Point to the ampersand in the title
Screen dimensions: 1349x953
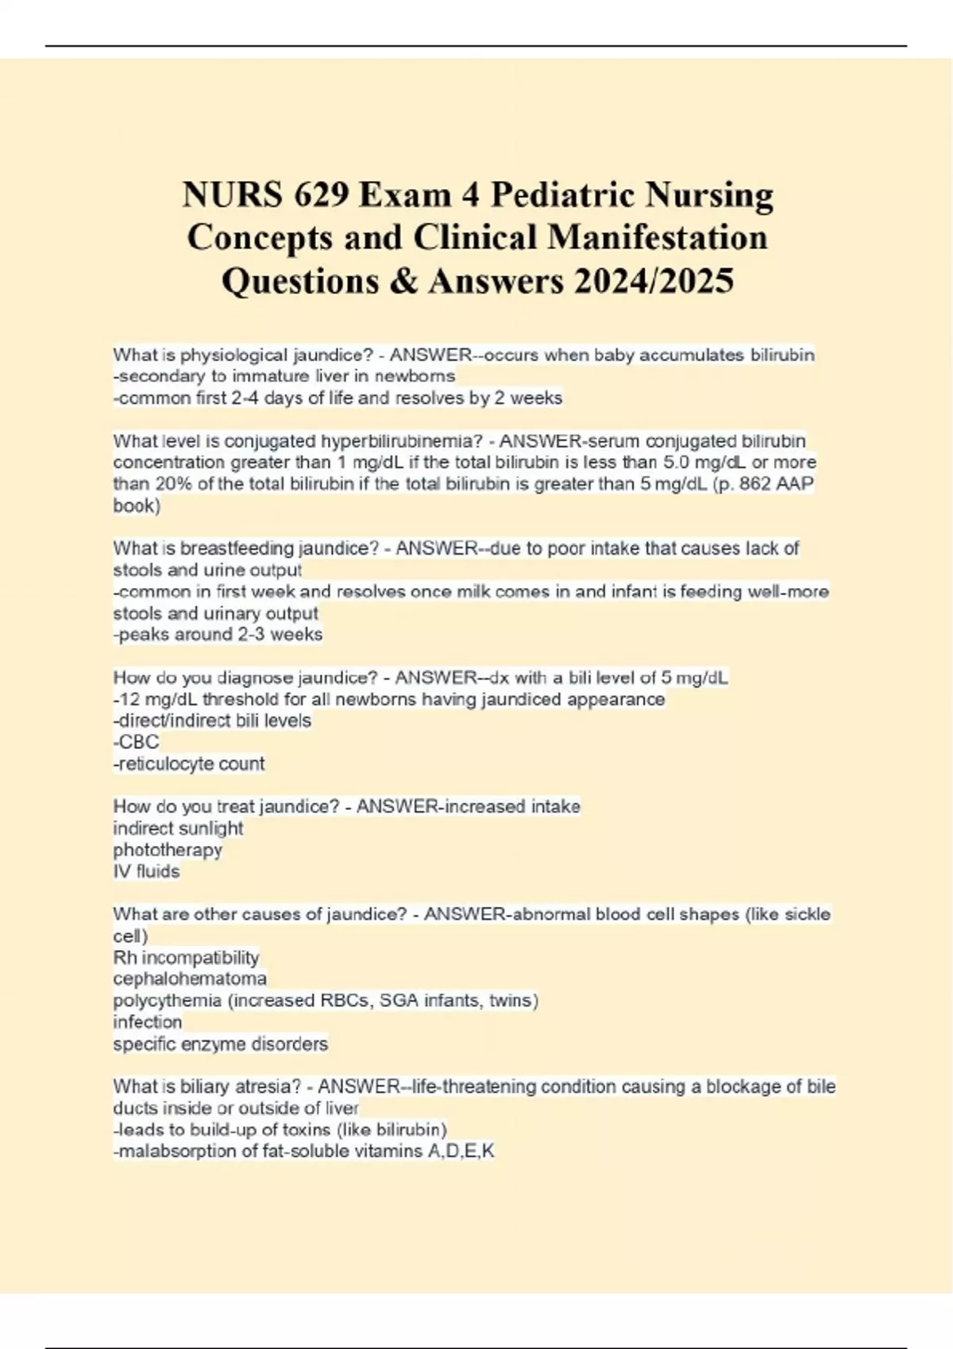coord(404,281)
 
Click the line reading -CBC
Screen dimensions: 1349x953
coord(137,742)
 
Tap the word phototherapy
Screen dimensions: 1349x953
coord(168,850)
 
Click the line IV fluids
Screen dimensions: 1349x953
coord(147,871)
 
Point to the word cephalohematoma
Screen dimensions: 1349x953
coord(190,978)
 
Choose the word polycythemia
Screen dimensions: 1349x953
coord(167,1001)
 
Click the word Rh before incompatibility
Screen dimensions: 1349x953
coord(125,957)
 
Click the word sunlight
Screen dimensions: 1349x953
coord(211,828)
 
